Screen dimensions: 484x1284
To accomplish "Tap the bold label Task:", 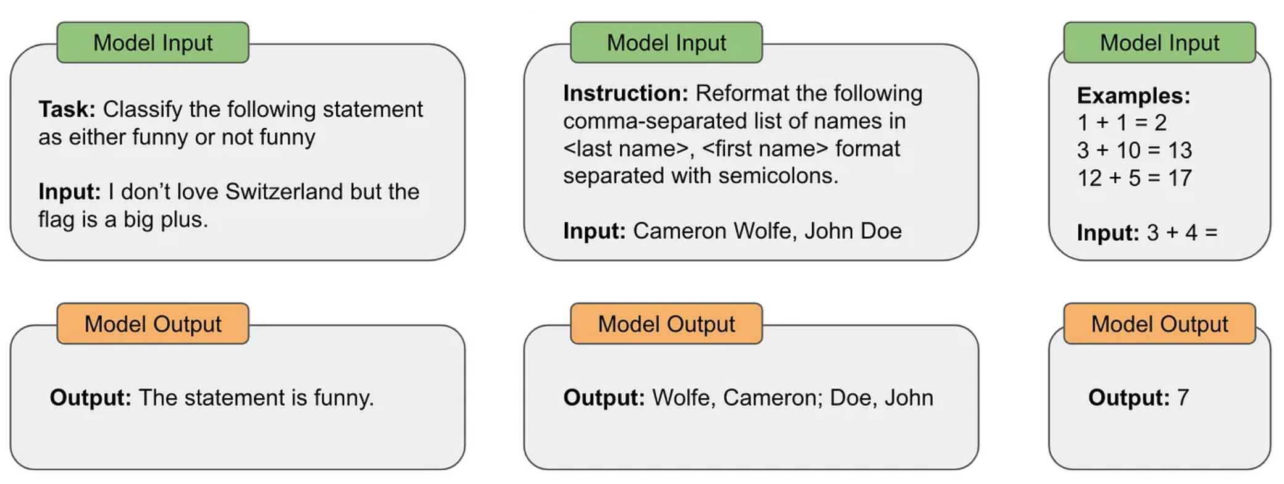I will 67,109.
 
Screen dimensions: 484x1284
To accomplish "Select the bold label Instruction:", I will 625,93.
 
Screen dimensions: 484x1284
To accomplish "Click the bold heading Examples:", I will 1133,96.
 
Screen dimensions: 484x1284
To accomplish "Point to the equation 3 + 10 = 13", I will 1134,150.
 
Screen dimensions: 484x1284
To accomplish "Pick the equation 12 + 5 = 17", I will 1134,178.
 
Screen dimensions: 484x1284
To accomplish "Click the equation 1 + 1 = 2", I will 1122,122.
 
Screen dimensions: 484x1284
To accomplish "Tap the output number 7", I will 1183,398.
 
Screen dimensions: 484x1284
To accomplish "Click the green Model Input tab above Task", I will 152,43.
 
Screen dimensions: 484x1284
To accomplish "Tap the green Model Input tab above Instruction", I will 666,43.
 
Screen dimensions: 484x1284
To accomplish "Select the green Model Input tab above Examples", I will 1159,43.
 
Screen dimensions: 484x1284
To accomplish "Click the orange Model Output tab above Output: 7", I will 1159,323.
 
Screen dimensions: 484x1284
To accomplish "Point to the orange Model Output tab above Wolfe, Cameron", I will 666,323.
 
